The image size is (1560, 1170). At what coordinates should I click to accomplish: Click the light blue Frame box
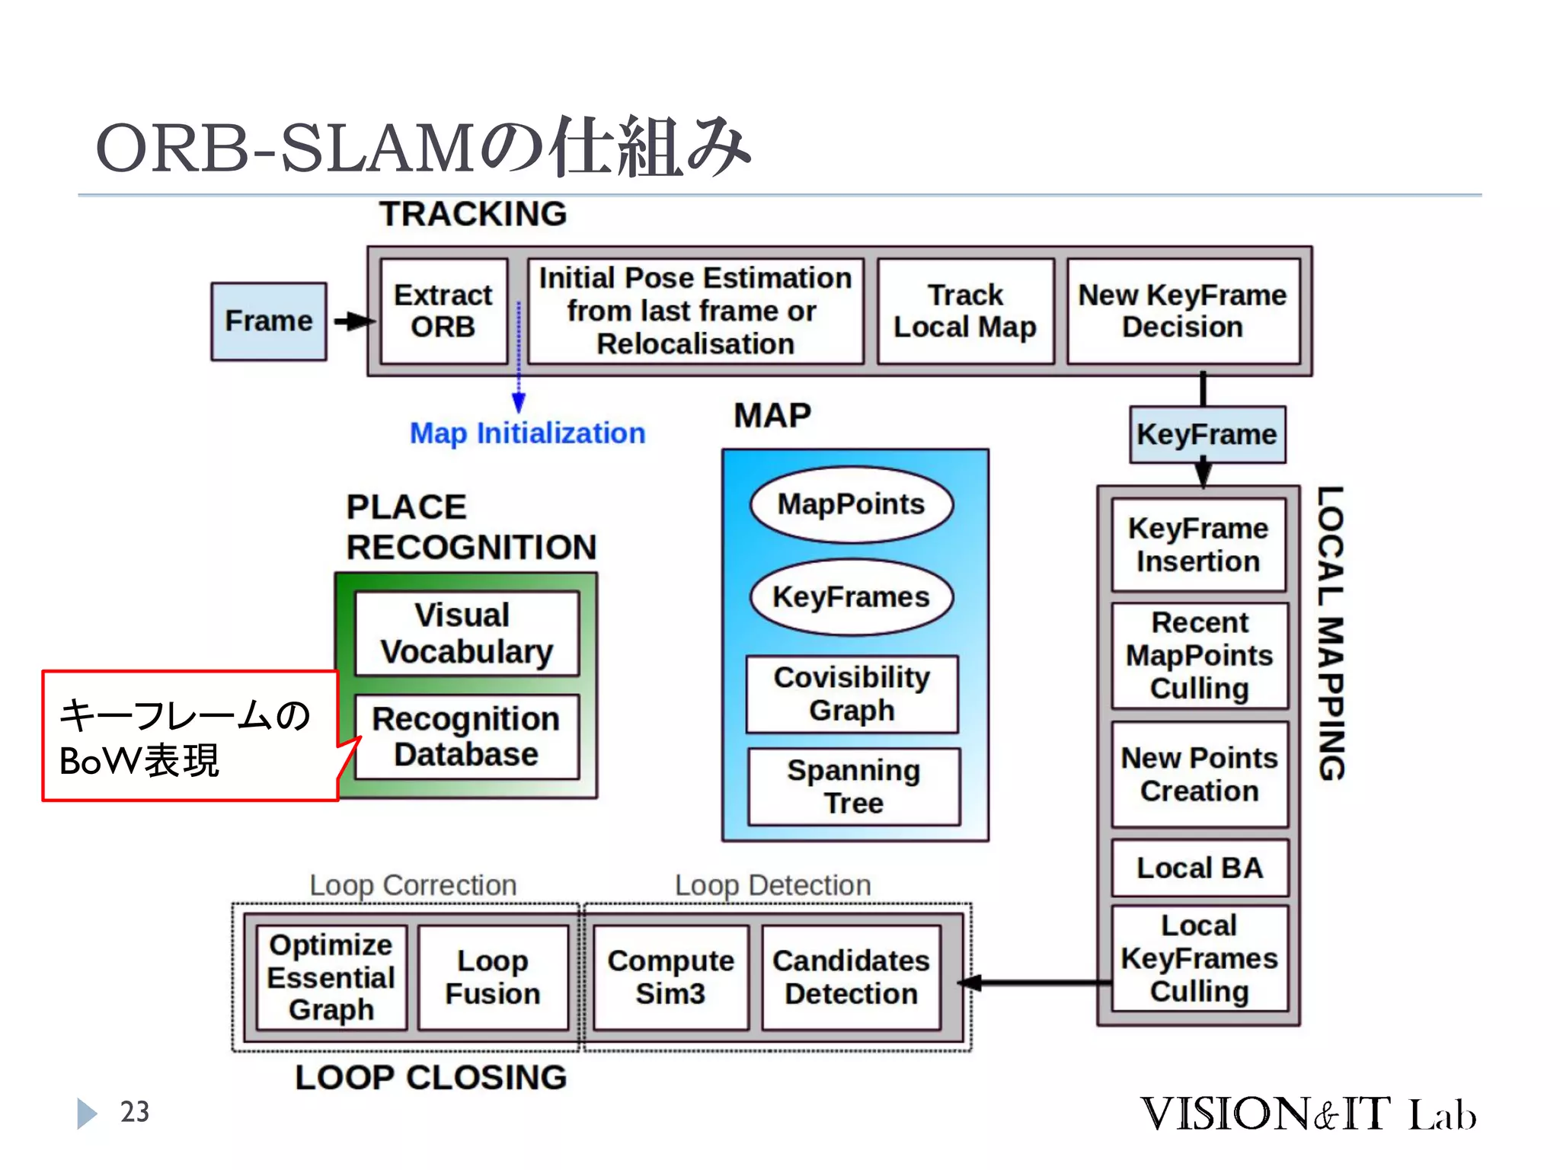[268, 321]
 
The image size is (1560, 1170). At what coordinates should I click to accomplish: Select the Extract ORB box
[443, 311]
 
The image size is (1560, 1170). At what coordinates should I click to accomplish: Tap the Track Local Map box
[965, 311]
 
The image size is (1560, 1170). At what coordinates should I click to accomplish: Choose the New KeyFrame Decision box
[1182, 311]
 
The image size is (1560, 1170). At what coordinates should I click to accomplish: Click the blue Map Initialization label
[527, 433]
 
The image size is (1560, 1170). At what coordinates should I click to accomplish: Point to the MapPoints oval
[851, 504]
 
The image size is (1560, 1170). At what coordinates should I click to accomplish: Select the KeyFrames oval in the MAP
[851, 597]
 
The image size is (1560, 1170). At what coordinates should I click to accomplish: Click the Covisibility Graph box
[852, 694]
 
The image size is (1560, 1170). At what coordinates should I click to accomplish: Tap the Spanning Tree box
[854, 787]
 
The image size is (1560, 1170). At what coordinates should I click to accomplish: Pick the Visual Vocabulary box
[467, 634]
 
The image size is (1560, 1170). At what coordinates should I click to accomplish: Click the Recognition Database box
[467, 737]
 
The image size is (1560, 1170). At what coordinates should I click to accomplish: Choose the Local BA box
[1200, 868]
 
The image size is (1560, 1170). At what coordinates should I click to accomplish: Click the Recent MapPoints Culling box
[1200, 656]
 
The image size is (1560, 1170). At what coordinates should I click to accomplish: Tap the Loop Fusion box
[493, 977]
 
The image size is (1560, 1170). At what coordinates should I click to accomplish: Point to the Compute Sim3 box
[670, 977]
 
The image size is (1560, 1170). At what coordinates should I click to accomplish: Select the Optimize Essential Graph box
[331, 977]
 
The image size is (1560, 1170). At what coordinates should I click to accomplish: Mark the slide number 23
[135, 1112]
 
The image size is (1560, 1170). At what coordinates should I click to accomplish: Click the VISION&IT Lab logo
[1307, 1114]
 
